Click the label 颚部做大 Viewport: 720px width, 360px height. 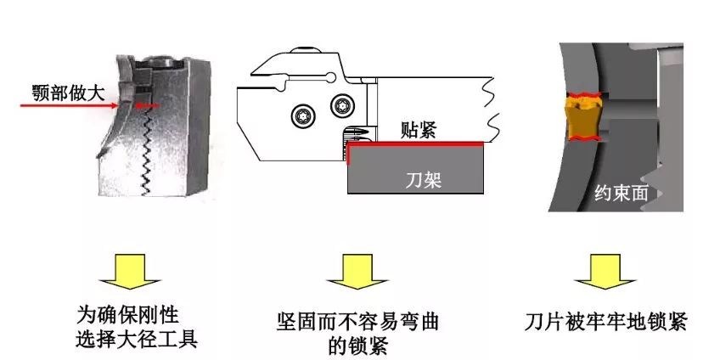[x=69, y=93]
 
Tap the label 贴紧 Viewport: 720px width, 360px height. [x=418, y=131]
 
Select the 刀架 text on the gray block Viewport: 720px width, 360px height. [x=424, y=180]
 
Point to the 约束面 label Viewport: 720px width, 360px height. [x=622, y=193]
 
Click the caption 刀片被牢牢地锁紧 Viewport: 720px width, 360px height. [x=605, y=322]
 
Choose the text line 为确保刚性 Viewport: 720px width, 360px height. [x=127, y=316]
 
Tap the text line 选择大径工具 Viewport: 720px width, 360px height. [x=137, y=340]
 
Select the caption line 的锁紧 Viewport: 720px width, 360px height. [x=358, y=346]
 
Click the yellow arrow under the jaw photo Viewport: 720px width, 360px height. [x=129, y=272]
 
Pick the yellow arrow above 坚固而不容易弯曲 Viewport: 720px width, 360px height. [x=357, y=272]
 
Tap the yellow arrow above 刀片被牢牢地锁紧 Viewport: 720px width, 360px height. [x=605, y=272]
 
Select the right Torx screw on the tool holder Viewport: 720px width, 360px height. [x=341, y=104]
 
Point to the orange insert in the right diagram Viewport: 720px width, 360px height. [x=582, y=116]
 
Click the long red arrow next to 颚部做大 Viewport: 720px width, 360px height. [x=69, y=105]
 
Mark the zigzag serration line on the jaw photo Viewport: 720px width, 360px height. [x=147, y=153]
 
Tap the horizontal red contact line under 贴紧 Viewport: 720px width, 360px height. [x=415, y=143]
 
